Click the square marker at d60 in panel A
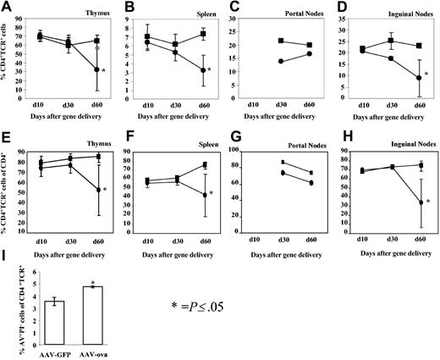click(97, 41)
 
